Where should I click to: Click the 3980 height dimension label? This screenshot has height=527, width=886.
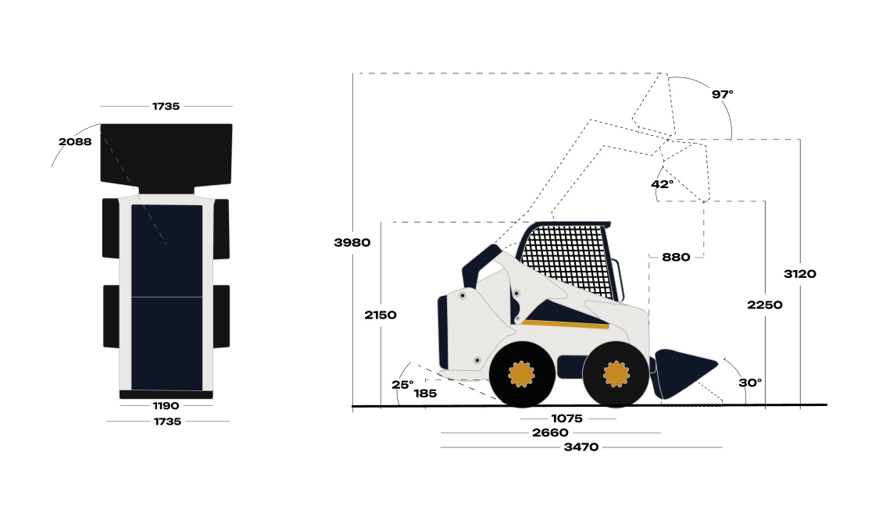tap(352, 242)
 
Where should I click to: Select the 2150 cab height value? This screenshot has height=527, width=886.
tap(380, 315)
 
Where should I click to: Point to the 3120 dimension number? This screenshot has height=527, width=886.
tap(799, 274)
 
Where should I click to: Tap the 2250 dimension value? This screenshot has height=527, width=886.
tap(765, 305)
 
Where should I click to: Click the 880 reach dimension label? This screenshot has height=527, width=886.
tap(676, 257)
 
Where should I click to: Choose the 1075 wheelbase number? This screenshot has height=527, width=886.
tap(566, 418)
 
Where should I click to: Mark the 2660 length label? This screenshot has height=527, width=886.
tap(550, 433)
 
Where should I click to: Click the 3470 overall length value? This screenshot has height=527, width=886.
tap(581, 447)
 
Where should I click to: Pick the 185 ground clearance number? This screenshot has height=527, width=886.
tap(425, 393)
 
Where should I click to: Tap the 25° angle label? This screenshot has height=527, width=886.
tap(402, 385)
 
